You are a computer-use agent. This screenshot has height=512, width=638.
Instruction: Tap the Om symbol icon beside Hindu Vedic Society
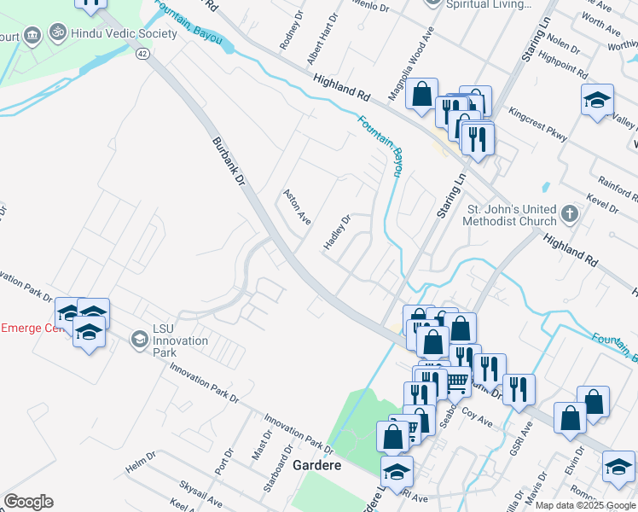[58, 34]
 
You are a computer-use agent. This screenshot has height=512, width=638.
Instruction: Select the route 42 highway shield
[142, 54]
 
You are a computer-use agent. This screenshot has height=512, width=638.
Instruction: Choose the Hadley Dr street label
[337, 231]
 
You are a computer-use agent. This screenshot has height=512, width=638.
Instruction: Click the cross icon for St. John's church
[570, 213]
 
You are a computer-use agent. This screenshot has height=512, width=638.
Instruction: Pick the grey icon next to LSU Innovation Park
[138, 340]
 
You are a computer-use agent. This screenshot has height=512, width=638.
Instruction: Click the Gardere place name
[317, 466]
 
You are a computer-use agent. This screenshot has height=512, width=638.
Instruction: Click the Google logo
[28, 502]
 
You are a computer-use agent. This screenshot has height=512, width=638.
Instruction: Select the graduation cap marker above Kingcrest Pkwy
[598, 99]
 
